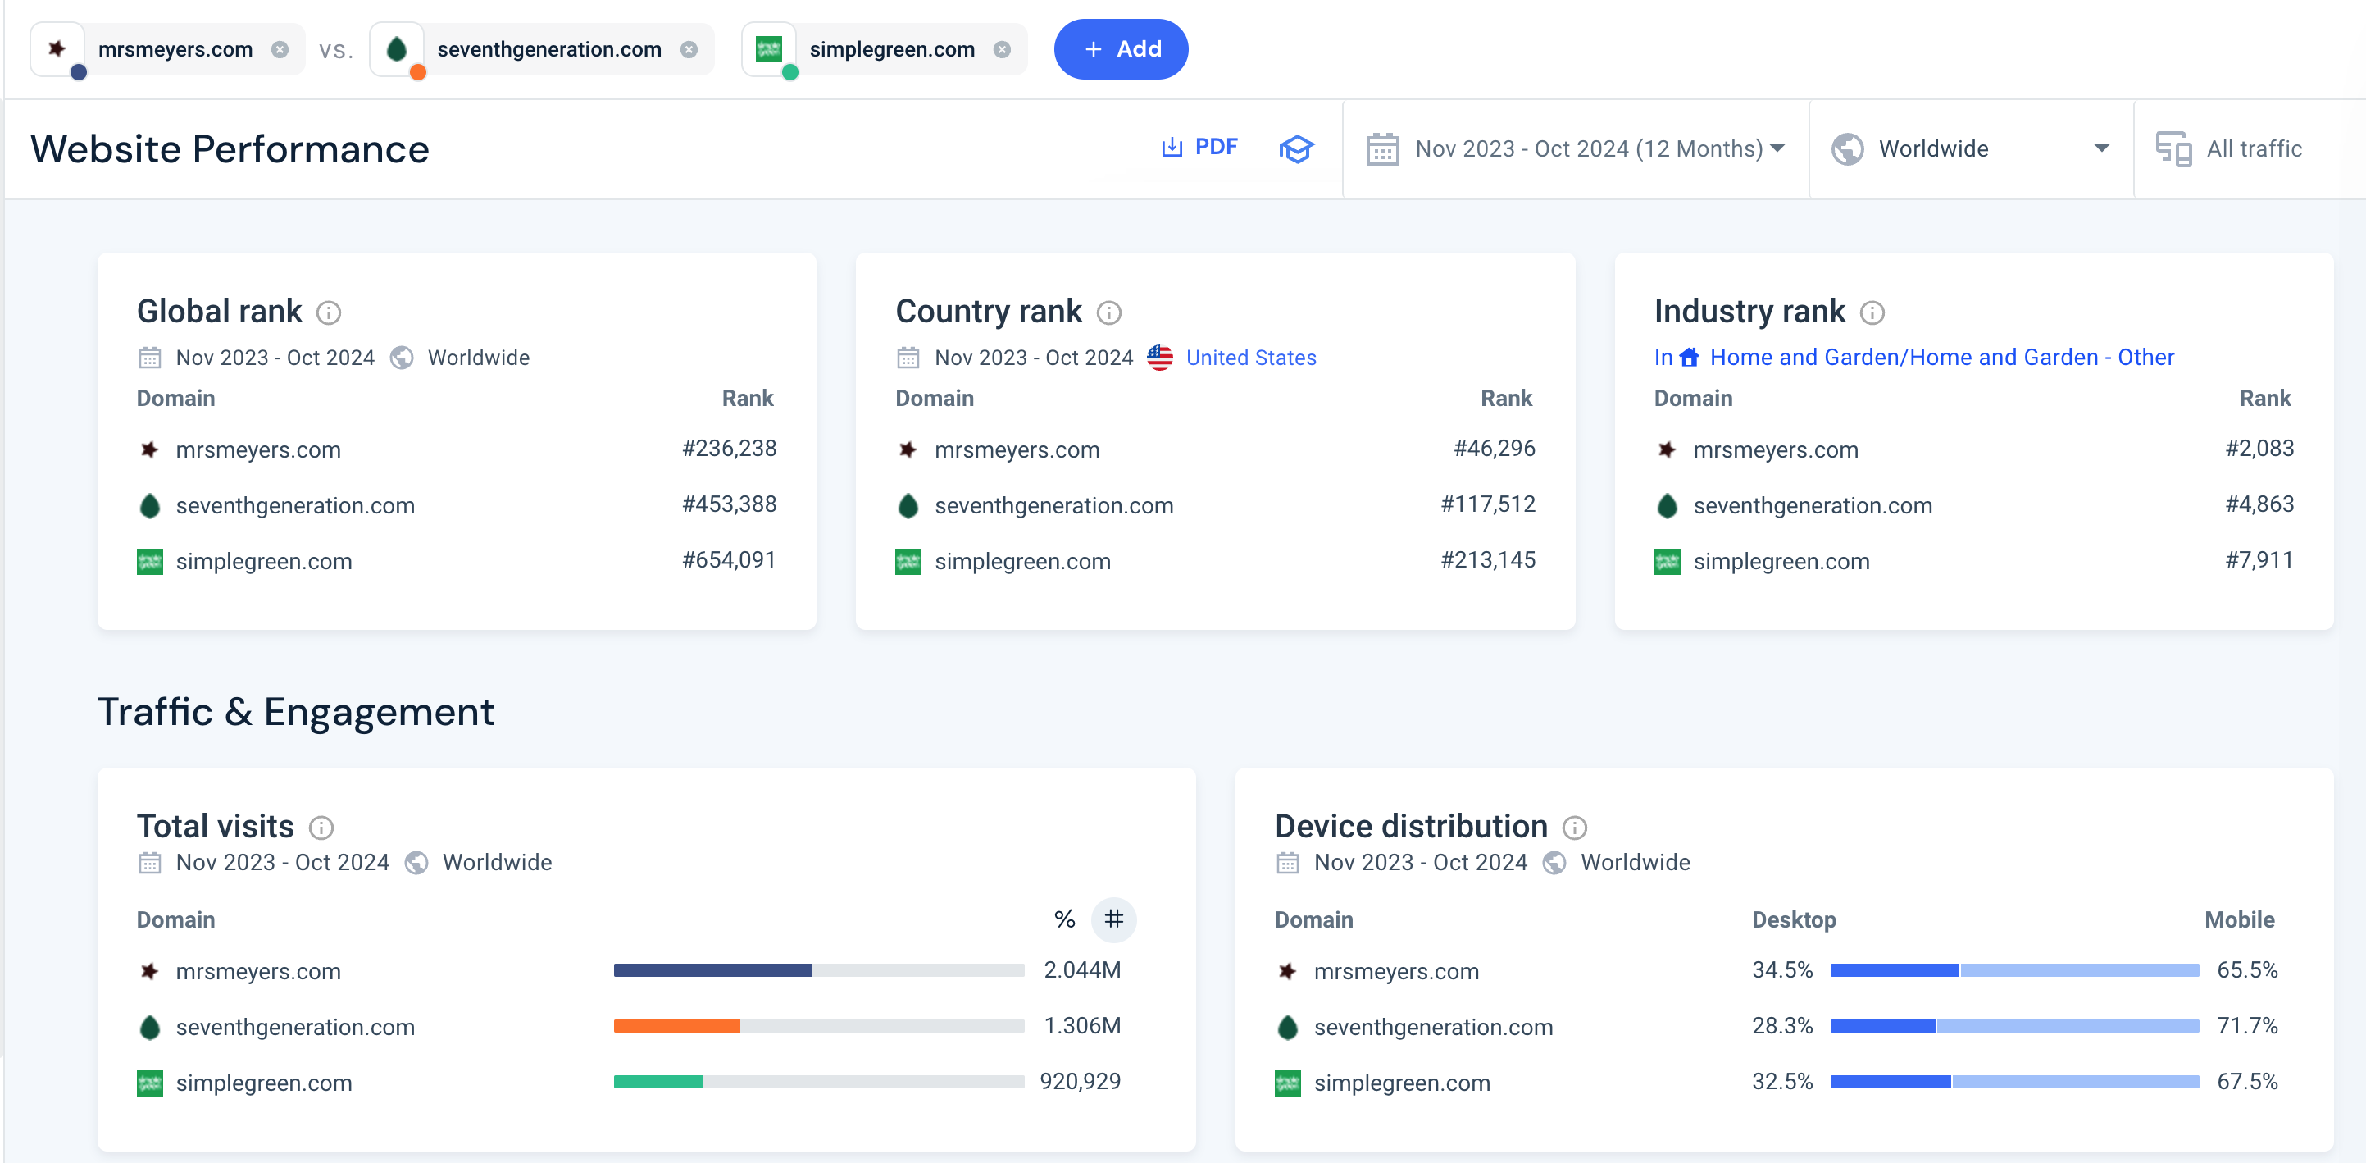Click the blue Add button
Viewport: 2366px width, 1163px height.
pyautogui.click(x=1121, y=48)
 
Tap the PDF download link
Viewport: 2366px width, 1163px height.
pyautogui.click(x=1199, y=147)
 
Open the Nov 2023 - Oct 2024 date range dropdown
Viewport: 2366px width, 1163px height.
pyautogui.click(x=1575, y=148)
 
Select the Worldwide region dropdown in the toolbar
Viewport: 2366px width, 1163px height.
pyautogui.click(x=1970, y=148)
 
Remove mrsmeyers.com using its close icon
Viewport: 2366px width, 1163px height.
pyautogui.click(x=280, y=49)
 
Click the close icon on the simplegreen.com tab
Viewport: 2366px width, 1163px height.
pyautogui.click(x=1002, y=49)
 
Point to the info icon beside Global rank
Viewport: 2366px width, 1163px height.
pyautogui.click(x=329, y=313)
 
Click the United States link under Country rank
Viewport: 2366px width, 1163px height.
pyautogui.click(x=1250, y=358)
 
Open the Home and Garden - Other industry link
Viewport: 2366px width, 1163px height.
pyautogui.click(x=1941, y=357)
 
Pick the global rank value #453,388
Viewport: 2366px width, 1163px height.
pyautogui.click(x=730, y=504)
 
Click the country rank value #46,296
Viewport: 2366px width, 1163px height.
pyautogui.click(x=1495, y=449)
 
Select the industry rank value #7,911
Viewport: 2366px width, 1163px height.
pyautogui.click(x=2259, y=559)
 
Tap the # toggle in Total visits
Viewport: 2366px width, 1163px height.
pyautogui.click(x=1114, y=919)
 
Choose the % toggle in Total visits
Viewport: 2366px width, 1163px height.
pyautogui.click(x=1064, y=919)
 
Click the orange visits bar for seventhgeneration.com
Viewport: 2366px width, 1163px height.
pyautogui.click(x=677, y=1025)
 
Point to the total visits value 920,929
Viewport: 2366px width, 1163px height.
pyautogui.click(x=1081, y=1080)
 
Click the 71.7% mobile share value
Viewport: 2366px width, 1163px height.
pyautogui.click(x=2247, y=1025)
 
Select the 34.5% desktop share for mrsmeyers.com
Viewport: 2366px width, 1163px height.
pyautogui.click(x=1781, y=969)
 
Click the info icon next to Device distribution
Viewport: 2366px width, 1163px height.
pyautogui.click(x=1574, y=828)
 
